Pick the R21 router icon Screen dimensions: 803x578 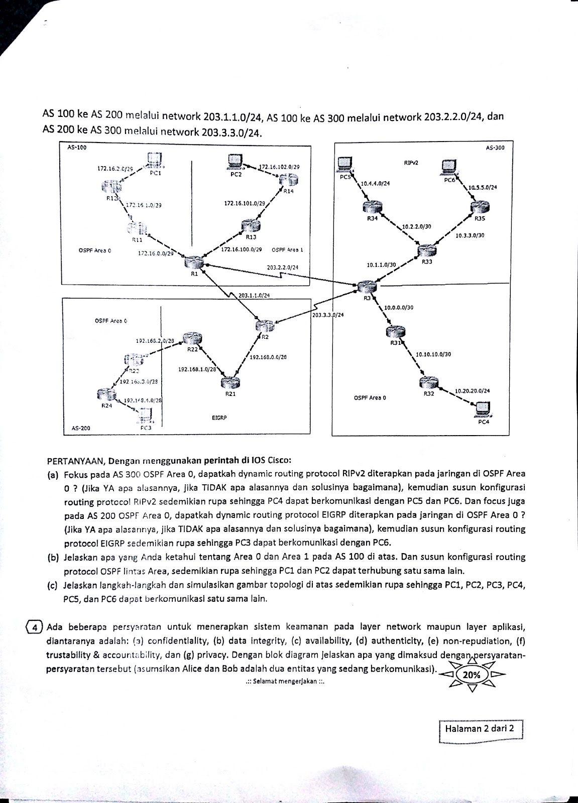click(230, 383)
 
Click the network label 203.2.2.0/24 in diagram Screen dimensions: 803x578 click(282, 267)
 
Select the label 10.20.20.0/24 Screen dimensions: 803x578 click(472, 390)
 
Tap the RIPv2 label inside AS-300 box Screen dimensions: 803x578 click(411, 163)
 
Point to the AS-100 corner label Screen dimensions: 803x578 click(76, 147)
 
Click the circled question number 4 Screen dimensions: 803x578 click(33, 627)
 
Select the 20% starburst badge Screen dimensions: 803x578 click(471, 675)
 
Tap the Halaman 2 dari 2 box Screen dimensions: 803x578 click(481, 729)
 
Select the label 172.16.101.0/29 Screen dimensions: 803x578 click(245, 204)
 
